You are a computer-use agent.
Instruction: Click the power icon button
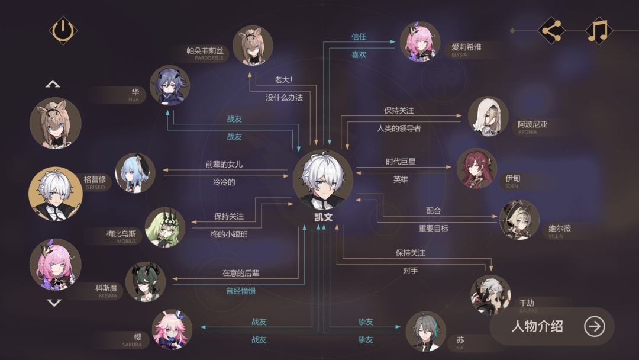63,31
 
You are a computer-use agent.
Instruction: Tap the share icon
551,31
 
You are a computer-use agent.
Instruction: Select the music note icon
599,31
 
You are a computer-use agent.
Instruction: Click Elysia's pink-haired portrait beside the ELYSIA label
419,42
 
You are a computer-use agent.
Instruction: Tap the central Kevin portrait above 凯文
323,180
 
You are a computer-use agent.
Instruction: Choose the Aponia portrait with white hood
488,117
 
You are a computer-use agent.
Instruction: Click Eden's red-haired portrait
477,168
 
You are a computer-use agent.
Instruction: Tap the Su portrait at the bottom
426,332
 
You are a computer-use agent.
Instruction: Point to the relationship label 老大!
283,79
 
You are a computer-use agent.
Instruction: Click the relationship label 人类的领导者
399,128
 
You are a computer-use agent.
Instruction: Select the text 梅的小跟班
229,234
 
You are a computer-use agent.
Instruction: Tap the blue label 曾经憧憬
241,291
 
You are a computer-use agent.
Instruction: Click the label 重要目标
434,229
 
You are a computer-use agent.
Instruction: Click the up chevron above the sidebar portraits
53,85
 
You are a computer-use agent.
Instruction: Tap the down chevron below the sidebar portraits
54,303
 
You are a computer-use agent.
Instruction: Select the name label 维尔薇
560,229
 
